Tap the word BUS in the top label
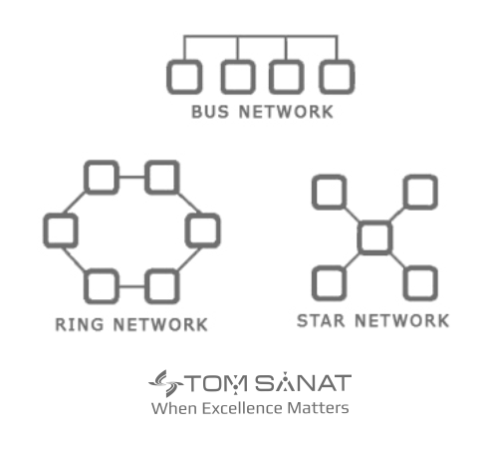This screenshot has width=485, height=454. click(x=210, y=112)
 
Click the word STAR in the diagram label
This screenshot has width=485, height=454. click(x=321, y=321)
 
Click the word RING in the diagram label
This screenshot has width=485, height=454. click(x=80, y=324)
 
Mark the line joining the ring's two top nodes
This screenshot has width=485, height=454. click(x=131, y=177)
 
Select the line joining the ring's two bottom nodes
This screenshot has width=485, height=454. click(x=131, y=286)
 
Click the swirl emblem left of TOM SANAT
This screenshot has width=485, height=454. click(x=166, y=383)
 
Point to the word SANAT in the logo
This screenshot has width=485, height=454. click(x=304, y=383)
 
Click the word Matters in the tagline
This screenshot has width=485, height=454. click(x=318, y=408)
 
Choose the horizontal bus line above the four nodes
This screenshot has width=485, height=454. click(x=261, y=35)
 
